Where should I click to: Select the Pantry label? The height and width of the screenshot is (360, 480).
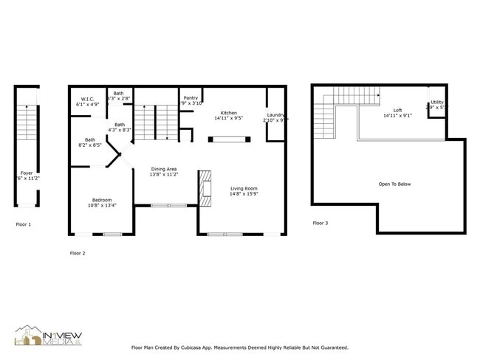[191, 98]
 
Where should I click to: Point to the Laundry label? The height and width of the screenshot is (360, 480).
[275, 114]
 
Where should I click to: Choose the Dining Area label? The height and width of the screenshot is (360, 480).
[164, 169]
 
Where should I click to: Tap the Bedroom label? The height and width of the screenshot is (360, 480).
[102, 200]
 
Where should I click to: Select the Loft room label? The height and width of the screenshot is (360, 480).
[398, 111]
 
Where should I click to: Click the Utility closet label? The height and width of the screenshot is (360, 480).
[437, 102]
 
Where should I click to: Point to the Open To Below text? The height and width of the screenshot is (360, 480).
[394, 184]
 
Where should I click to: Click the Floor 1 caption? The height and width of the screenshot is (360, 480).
[24, 224]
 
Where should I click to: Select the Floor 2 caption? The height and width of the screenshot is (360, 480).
[78, 253]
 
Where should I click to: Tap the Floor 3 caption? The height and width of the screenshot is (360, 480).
[320, 223]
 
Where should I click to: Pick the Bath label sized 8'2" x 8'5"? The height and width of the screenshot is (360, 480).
[90, 139]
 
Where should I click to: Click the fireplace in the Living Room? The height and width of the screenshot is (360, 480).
[205, 188]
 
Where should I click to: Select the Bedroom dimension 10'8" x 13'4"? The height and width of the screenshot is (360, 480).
[102, 205]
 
